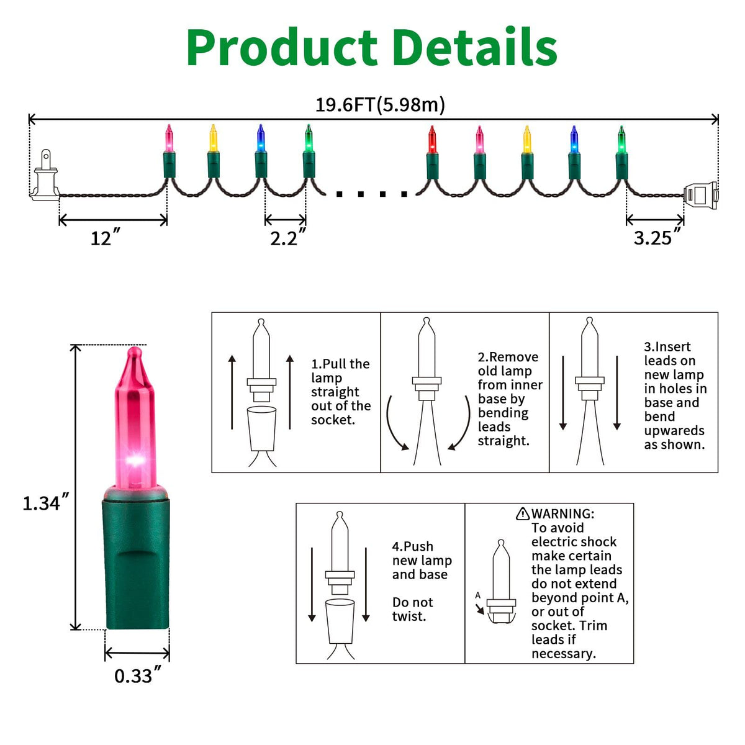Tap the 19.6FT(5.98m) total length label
click(x=380, y=104)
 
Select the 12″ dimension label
click(x=105, y=238)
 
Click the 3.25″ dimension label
click(x=657, y=238)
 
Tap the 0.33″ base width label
click(x=137, y=675)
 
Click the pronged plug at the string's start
click(x=45, y=176)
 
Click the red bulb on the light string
click(x=432, y=140)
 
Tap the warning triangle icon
click(x=523, y=514)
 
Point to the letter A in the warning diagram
click(x=477, y=595)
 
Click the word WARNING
click(x=562, y=514)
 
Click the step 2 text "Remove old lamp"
click(x=507, y=364)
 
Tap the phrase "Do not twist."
click(x=412, y=609)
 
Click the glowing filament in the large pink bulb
click(x=135, y=461)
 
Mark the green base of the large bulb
click(x=136, y=562)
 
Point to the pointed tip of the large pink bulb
click(x=133, y=352)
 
